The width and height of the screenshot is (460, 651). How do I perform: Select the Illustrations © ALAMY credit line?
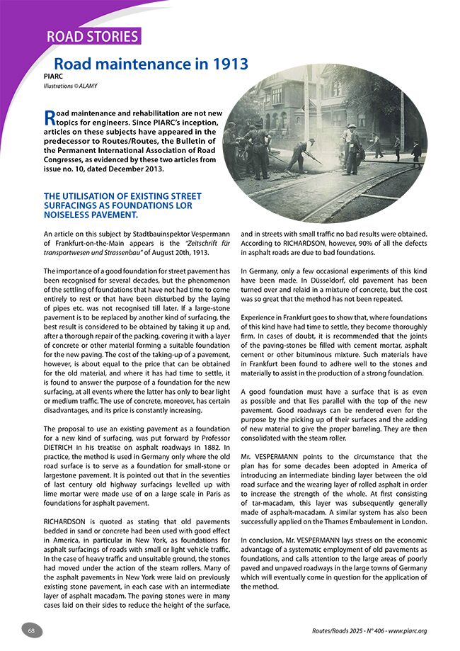(71, 87)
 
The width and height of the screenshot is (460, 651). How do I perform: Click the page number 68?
(32, 630)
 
